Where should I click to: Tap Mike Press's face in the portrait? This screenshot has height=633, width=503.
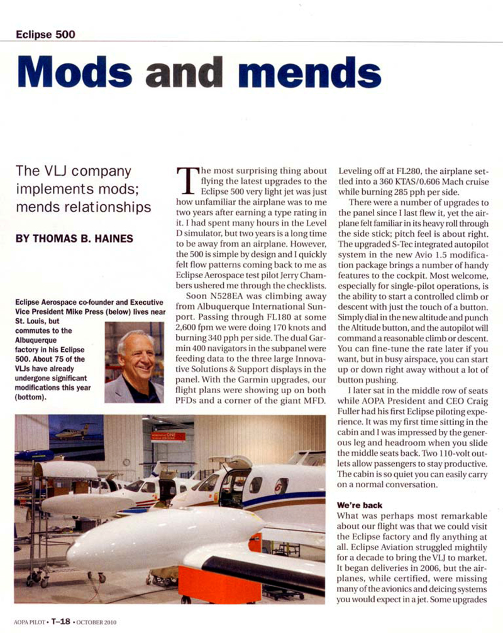136,354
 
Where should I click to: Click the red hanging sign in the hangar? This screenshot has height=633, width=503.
168,436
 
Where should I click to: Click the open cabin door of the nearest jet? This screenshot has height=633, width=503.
235,484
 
